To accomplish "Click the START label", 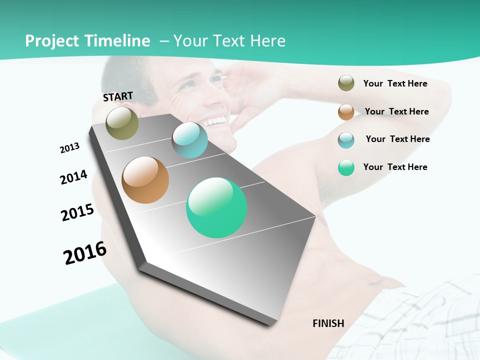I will [x=118, y=96].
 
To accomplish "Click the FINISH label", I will [x=328, y=323].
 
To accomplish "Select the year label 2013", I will [x=69, y=148].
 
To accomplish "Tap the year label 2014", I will [x=73, y=177].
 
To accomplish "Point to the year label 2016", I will [x=85, y=253].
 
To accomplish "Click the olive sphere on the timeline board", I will [x=122, y=123].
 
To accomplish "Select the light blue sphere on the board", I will [x=189, y=140].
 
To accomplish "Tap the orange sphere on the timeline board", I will [x=145, y=179].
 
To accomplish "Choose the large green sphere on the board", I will [x=216, y=207].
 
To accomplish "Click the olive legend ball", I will [x=346, y=83].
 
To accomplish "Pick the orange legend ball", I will [x=346, y=112].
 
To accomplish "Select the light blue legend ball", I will [x=346, y=140].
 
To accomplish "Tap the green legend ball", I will [x=346, y=167].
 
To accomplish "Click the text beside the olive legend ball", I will [x=395, y=83].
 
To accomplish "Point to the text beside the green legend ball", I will [x=395, y=167].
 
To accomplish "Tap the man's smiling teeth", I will [x=214, y=121].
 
